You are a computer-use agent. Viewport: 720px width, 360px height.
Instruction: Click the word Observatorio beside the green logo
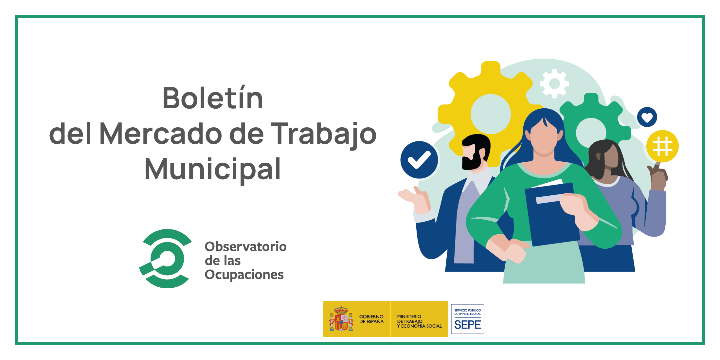point(246,246)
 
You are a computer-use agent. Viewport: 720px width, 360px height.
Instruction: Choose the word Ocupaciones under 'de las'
point(244,275)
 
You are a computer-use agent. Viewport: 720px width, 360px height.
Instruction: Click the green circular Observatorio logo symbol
point(166,259)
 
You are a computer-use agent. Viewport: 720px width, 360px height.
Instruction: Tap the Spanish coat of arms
point(341,319)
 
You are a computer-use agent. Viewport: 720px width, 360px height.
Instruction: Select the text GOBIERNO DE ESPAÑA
point(371,319)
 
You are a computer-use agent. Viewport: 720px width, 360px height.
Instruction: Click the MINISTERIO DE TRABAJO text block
point(419,321)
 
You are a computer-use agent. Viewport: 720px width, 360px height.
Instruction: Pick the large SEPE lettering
point(468,325)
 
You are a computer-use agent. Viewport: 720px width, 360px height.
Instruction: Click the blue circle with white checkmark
point(419,160)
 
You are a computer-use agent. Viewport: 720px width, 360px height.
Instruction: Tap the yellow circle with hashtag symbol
point(662,146)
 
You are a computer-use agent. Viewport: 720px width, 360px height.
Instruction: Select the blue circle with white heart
point(647,117)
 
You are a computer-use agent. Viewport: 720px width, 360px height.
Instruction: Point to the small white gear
point(554,83)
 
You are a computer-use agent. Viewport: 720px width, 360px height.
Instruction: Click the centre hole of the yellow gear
point(491,114)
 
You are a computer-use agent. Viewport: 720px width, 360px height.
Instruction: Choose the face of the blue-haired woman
point(544,139)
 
